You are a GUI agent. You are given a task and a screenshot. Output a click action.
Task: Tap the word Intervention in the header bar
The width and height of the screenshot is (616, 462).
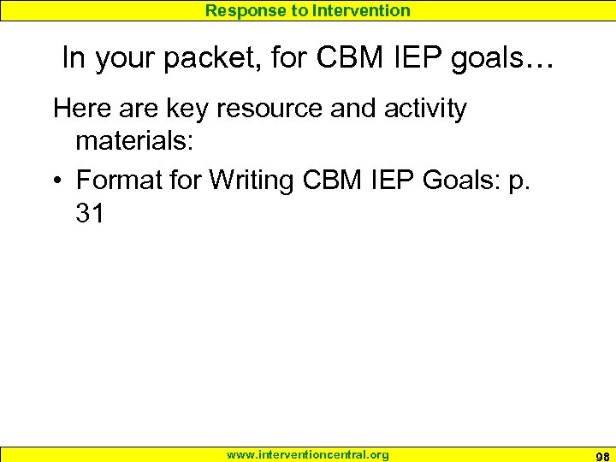[362, 10]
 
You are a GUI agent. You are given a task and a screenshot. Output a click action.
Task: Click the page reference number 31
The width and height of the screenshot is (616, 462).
[90, 212]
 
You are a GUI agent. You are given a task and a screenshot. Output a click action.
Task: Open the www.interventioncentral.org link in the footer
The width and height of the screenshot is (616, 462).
[307, 454]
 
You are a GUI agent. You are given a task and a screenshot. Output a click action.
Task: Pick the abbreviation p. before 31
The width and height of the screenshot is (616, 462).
[520, 181]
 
